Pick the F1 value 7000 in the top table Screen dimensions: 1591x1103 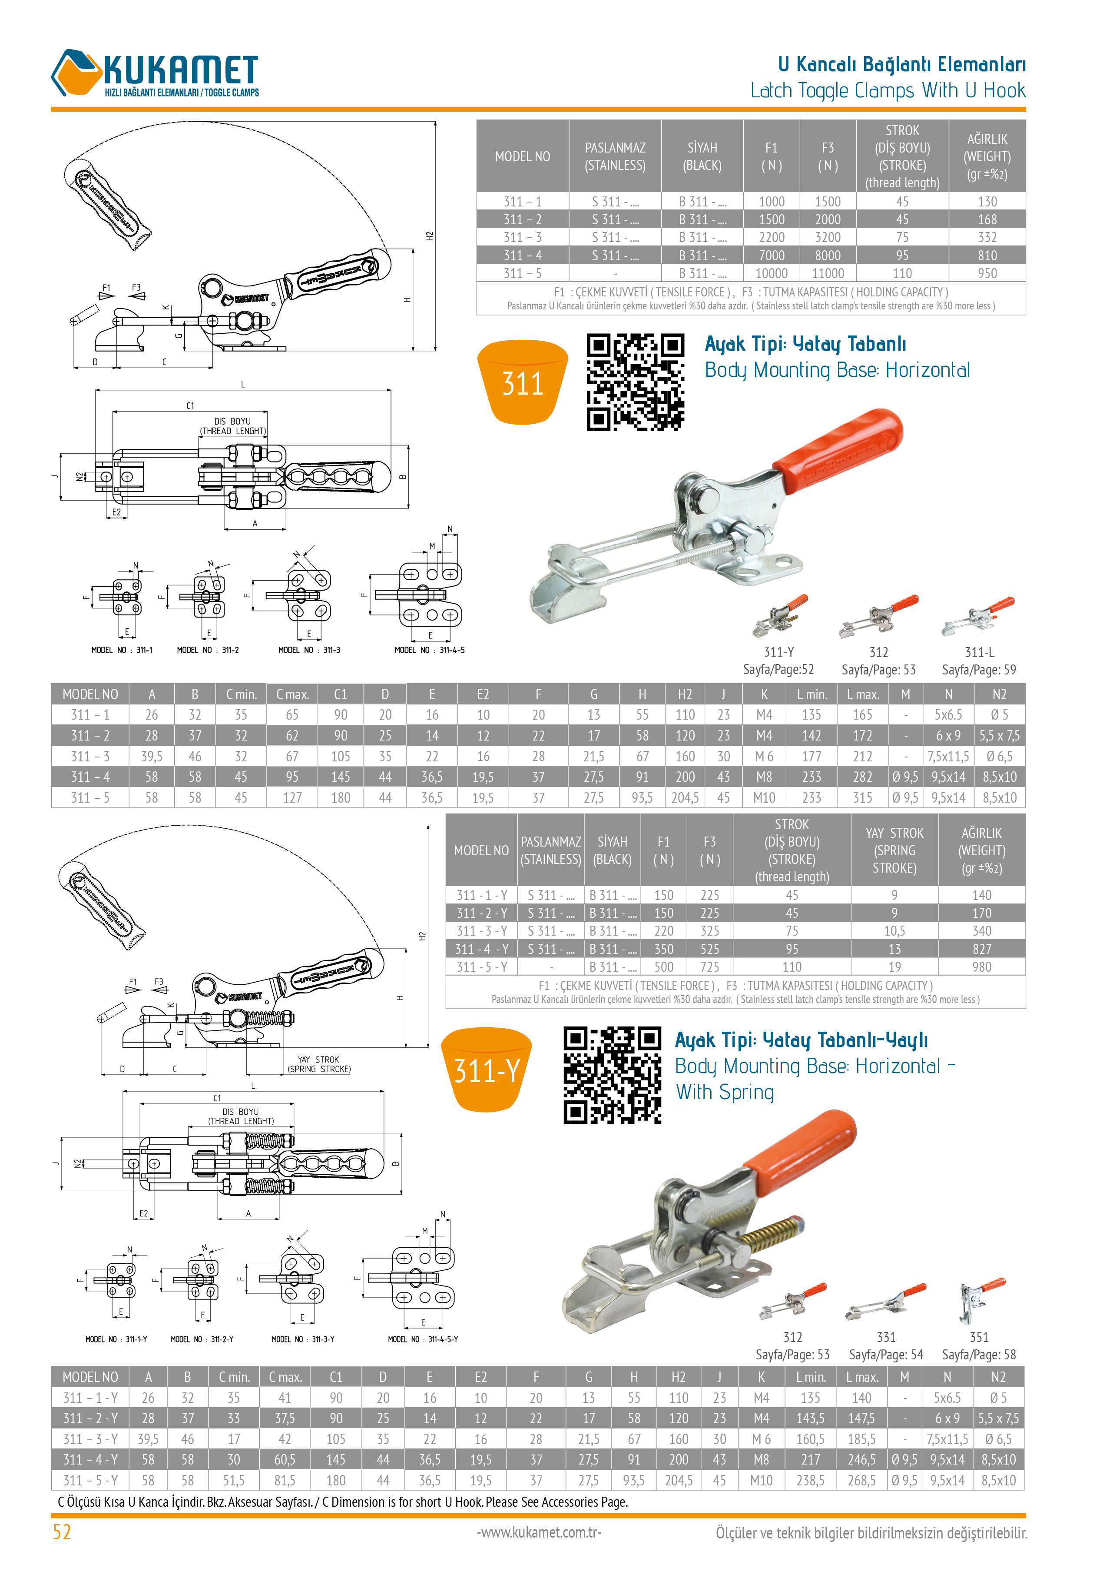(x=771, y=256)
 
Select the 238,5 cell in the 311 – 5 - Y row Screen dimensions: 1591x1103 (x=810, y=1481)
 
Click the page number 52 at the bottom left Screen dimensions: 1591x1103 (x=62, y=1532)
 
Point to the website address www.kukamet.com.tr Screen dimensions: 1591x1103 (x=539, y=1532)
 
